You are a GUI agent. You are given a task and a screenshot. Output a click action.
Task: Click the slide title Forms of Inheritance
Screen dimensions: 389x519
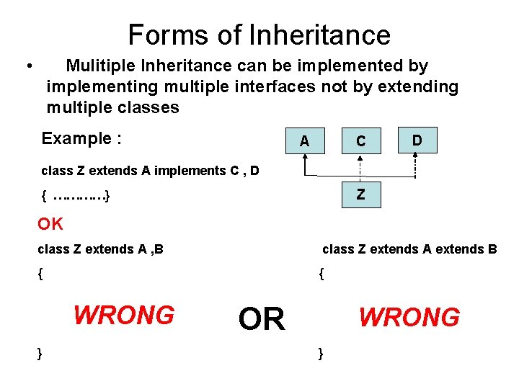point(259,35)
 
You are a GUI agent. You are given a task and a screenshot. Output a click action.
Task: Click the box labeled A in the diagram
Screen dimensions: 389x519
point(304,141)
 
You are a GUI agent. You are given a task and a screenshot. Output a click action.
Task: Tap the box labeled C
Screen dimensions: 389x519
point(360,141)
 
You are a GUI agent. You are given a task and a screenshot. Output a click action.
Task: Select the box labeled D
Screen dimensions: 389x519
point(417,139)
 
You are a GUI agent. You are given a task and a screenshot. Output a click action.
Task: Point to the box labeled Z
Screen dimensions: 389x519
point(360,194)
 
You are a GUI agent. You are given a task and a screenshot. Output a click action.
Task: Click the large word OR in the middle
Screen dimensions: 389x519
point(262,319)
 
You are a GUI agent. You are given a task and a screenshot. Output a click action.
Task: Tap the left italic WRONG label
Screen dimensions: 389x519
point(124,315)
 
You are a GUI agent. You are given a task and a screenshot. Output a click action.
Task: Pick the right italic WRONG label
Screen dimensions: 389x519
point(409,317)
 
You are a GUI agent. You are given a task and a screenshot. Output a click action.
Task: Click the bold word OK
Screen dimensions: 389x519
point(50,224)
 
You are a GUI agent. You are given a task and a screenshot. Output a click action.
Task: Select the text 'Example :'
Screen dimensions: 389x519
point(81,138)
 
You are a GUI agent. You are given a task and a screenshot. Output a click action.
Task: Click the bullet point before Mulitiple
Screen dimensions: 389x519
point(27,67)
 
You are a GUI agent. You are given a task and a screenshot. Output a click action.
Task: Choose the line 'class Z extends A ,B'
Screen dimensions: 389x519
point(100,249)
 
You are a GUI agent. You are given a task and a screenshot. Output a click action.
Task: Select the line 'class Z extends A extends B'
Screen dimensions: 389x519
point(409,249)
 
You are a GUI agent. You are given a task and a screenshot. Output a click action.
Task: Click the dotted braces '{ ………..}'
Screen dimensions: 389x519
point(76,195)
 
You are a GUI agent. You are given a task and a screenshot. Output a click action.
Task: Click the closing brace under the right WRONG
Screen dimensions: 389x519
point(321,353)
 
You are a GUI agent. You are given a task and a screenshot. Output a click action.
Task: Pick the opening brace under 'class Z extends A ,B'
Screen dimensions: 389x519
point(40,274)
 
